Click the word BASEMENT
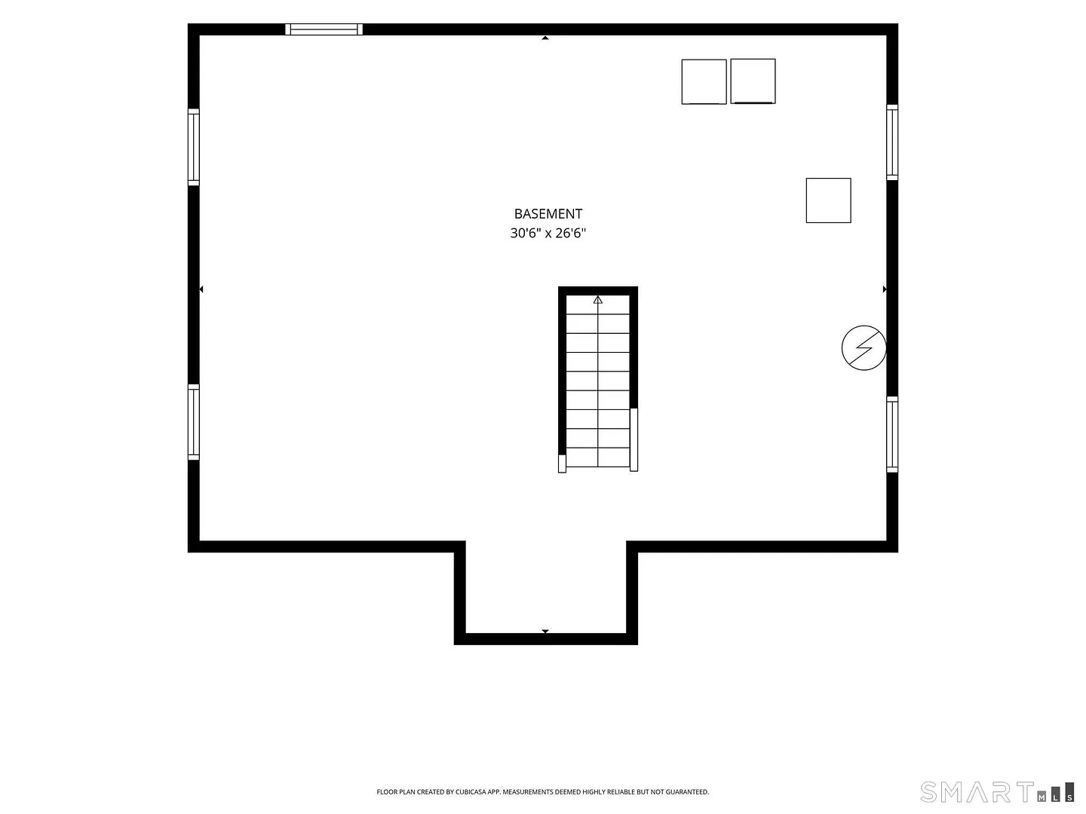pyautogui.click(x=548, y=214)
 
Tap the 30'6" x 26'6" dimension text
pyautogui.click(x=548, y=233)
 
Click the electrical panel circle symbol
pyautogui.click(x=864, y=347)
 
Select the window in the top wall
pyautogui.click(x=324, y=29)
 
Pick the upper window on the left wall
pyautogui.click(x=194, y=147)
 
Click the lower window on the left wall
pyautogui.click(x=194, y=422)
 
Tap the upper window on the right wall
pyautogui.click(x=891, y=142)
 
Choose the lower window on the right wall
pyautogui.click(x=891, y=434)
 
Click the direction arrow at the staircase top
pyautogui.click(x=597, y=299)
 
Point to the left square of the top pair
pyautogui.click(x=704, y=81)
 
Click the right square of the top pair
pyautogui.click(x=753, y=81)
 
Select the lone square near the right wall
pyautogui.click(x=828, y=200)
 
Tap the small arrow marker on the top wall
pyautogui.click(x=545, y=38)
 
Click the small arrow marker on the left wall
pyautogui.click(x=201, y=289)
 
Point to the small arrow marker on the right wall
pyautogui.click(x=884, y=289)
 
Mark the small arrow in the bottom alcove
pyautogui.click(x=545, y=631)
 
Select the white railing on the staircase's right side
pyautogui.click(x=633, y=439)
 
